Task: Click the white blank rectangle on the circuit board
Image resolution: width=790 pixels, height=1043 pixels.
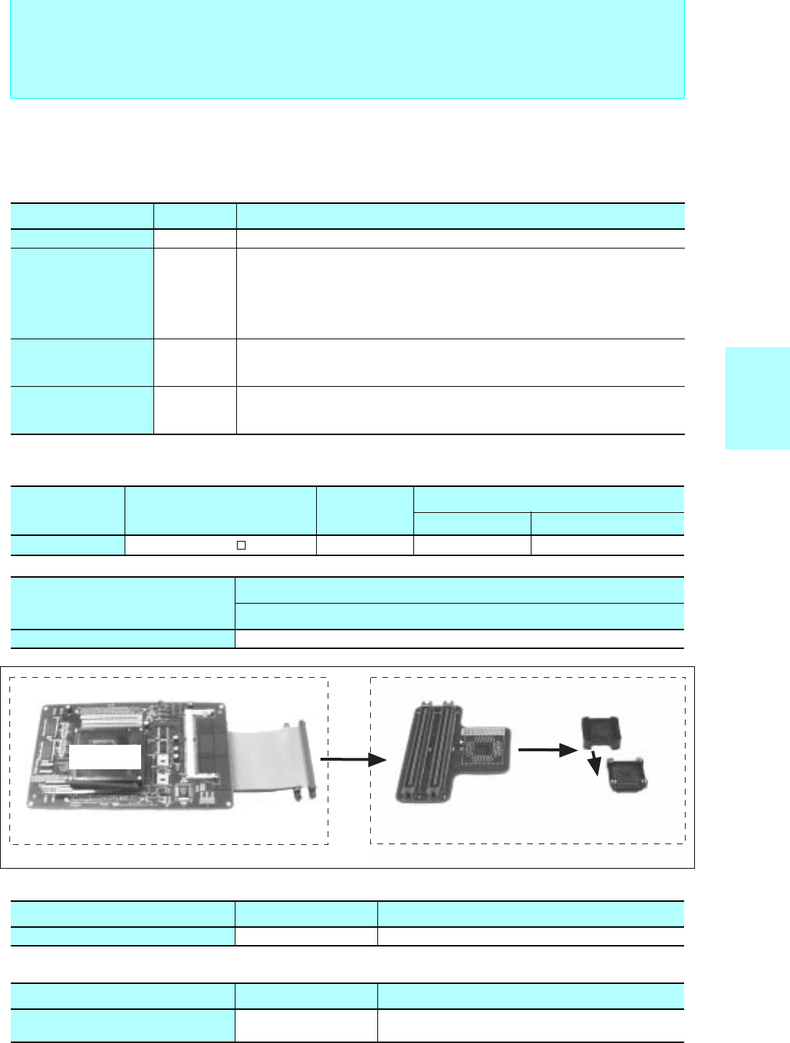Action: pyautogui.click(x=105, y=757)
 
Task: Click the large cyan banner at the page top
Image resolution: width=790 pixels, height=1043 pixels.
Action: pyautogui.click(x=346, y=48)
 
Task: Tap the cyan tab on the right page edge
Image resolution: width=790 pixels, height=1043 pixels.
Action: pyautogui.click(x=757, y=398)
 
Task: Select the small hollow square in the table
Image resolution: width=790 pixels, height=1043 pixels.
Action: pyautogui.click(x=242, y=545)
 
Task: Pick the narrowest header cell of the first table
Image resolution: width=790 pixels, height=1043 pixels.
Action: pyautogui.click(x=194, y=216)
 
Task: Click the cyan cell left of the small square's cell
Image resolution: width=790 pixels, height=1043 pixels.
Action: pyautogui.click(x=68, y=545)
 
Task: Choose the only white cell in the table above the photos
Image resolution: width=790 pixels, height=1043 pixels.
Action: pyautogui.click(x=459, y=639)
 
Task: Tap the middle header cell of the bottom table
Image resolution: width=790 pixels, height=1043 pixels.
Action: pyautogui.click(x=306, y=996)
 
